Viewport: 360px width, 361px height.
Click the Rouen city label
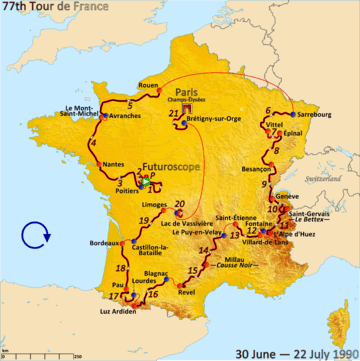(148, 85)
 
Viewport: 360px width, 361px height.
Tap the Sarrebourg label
(315, 114)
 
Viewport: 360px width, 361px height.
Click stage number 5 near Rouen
(131, 103)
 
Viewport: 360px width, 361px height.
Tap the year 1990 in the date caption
(338, 352)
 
